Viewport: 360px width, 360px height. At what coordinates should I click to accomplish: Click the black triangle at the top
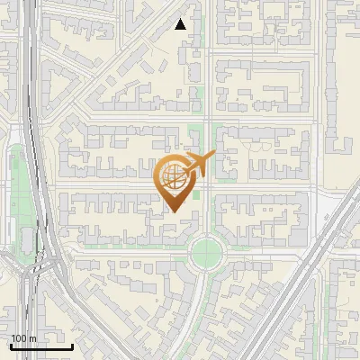181,24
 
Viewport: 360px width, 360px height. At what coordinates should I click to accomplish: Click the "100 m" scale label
23,337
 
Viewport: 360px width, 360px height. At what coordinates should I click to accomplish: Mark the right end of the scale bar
72,346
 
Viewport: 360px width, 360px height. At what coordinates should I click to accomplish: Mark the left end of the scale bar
10,346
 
